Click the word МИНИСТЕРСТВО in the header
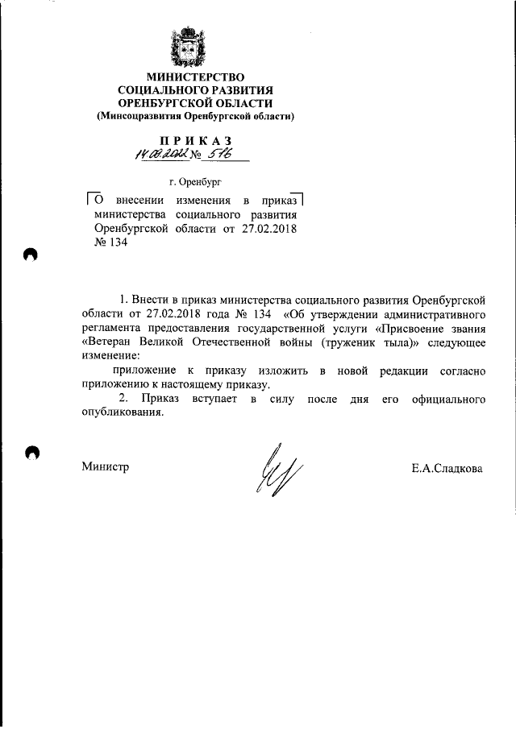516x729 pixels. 195,77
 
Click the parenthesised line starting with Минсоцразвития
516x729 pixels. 195,117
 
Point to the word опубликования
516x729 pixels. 122,413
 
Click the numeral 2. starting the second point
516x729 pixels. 123,399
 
